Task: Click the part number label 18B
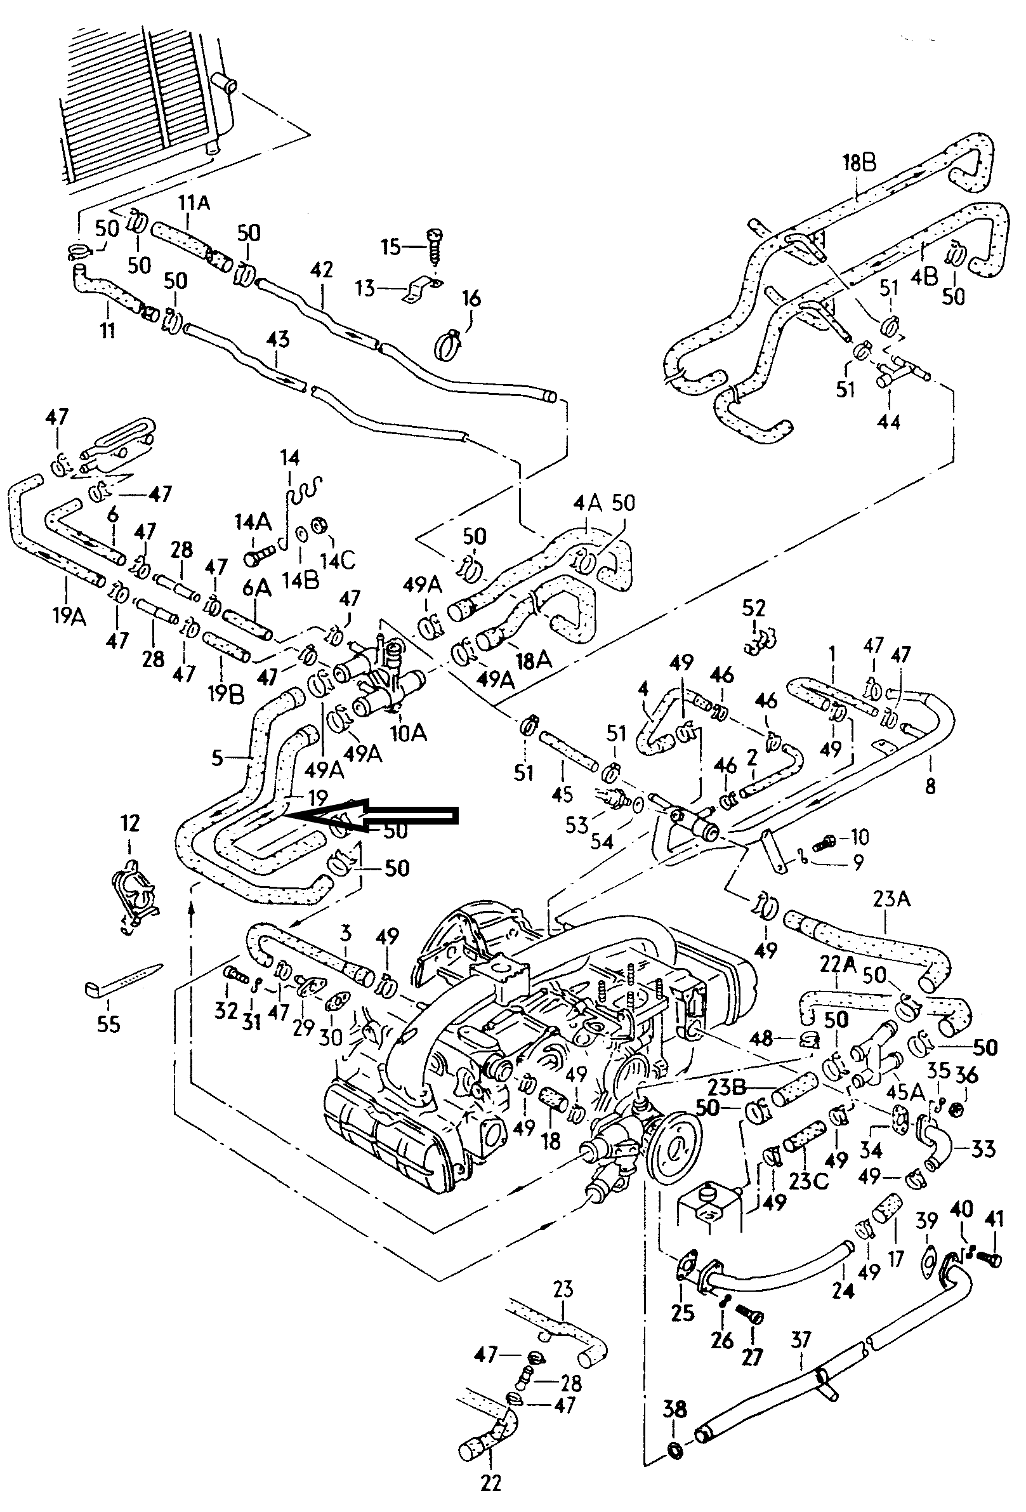859,162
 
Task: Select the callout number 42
321,269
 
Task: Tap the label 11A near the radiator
194,204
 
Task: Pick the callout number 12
130,823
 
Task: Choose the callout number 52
754,609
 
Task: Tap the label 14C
338,559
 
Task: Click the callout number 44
889,421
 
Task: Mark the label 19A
69,616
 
